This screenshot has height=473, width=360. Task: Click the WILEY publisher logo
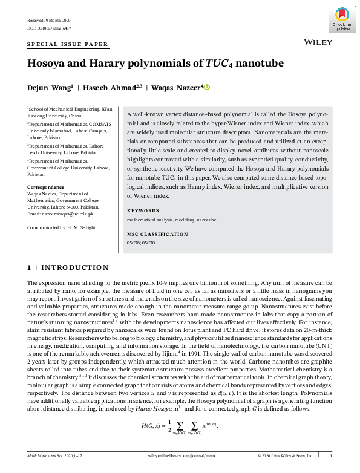tap(315, 43)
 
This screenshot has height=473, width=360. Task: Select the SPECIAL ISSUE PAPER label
tap(68, 45)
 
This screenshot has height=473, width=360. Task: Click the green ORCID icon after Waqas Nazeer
tap(206, 88)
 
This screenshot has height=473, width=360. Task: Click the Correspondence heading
tap(47, 188)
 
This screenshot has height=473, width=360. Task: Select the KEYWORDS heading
tap(143, 210)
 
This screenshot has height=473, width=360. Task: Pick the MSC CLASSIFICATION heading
tap(158, 234)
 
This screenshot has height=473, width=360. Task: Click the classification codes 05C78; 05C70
tap(141, 243)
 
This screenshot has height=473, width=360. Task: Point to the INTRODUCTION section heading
tap(68, 267)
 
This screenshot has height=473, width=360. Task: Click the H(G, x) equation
tap(180, 426)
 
